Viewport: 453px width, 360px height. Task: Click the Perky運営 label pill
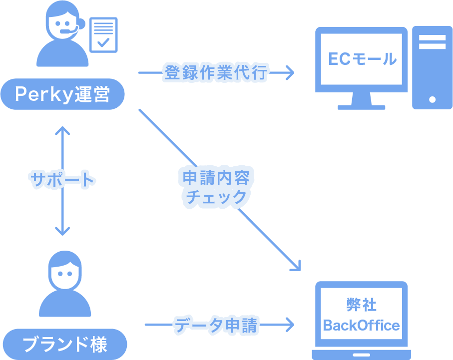click(62, 94)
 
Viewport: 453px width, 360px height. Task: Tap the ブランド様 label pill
click(65, 344)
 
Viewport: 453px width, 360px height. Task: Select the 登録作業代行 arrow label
click(216, 73)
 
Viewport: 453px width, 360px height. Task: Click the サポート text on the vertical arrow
click(62, 179)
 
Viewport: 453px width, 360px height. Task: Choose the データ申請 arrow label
click(216, 325)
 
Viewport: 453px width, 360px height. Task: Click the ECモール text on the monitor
click(362, 59)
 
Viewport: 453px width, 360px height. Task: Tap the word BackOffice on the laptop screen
click(361, 326)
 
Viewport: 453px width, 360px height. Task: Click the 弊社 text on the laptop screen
click(361, 305)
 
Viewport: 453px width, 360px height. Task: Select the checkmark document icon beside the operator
click(103, 34)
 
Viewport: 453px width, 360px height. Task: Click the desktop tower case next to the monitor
click(432, 67)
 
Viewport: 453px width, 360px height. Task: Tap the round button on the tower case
click(433, 99)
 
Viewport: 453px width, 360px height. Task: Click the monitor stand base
click(362, 105)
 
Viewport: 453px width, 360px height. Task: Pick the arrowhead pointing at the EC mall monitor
click(289, 73)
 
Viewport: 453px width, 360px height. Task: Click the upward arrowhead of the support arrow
click(62, 131)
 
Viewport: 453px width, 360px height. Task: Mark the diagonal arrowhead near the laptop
click(297, 266)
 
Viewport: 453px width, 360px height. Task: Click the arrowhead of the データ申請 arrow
click(289, 325)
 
